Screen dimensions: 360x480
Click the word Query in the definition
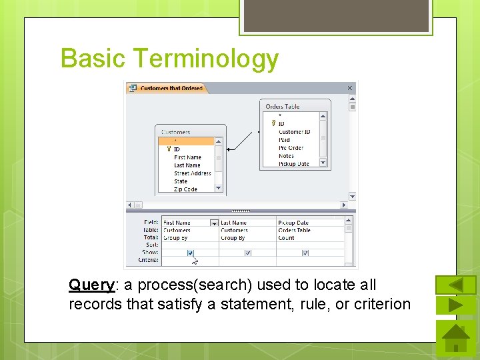[x=91, y=285]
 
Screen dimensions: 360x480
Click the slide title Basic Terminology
[x=169, y=59]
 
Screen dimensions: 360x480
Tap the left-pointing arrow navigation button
[x=456, y=285]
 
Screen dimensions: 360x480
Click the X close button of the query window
[x=350, y=88]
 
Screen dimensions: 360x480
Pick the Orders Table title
[x=283, y=107]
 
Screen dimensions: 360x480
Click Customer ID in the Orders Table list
[x=294, y=132]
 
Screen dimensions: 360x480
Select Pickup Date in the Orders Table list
[x=294, y=164]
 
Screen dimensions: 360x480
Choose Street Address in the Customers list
[x=192, y=173]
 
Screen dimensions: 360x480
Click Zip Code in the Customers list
[x=185, y=189]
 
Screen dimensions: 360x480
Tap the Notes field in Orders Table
[x=286, y=156]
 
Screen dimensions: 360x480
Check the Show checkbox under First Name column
[x=191, y=253]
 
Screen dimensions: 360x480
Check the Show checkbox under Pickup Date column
[x=305, y=253]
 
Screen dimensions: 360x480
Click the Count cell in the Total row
[x=287, y=238]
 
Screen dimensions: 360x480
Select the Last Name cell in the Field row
[x=234, y=223]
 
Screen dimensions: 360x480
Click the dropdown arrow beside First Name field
[x=213, y=223]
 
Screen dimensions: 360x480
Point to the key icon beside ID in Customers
[x=169, y=149]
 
